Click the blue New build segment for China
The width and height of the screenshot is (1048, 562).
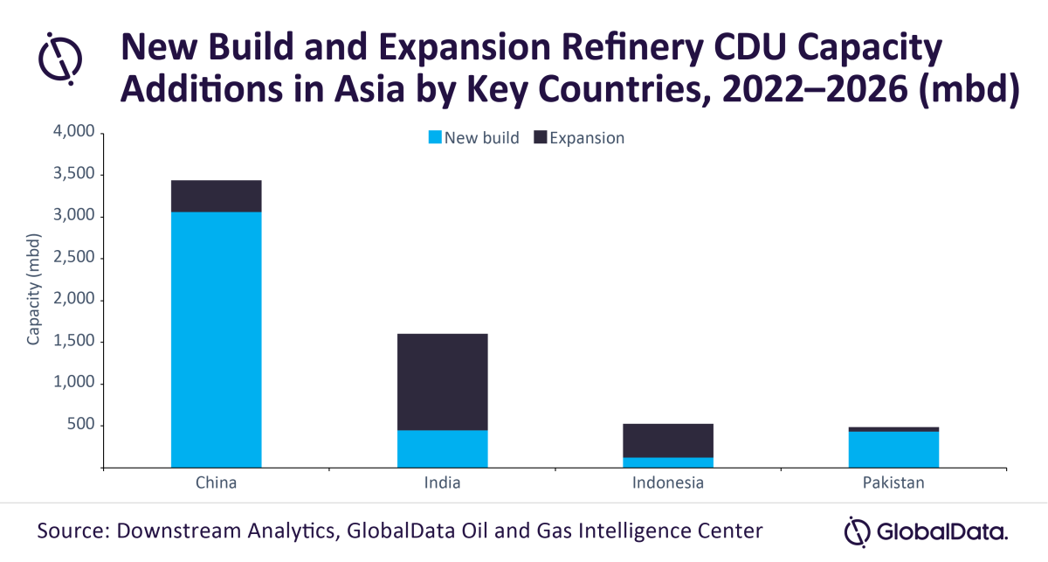216,339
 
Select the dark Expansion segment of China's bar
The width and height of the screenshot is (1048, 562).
216,196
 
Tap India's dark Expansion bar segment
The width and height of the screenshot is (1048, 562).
442,382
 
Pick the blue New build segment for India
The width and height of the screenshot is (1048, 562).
442,448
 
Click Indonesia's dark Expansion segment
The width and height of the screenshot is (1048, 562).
668,441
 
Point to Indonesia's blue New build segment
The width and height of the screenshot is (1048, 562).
668,462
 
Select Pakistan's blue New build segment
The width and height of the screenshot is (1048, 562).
893,449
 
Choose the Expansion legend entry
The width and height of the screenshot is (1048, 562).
579,138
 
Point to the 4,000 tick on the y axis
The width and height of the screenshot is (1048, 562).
74,133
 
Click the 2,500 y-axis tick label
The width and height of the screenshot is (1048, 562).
74,259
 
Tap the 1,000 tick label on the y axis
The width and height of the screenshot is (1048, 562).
74,384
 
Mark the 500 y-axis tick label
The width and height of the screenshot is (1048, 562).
80,426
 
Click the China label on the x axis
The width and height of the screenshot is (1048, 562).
216,482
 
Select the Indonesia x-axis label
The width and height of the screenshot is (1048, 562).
668,482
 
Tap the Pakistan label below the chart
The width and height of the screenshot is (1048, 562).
893,482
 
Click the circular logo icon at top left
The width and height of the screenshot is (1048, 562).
60,57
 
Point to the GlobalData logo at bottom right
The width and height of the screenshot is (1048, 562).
927,531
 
